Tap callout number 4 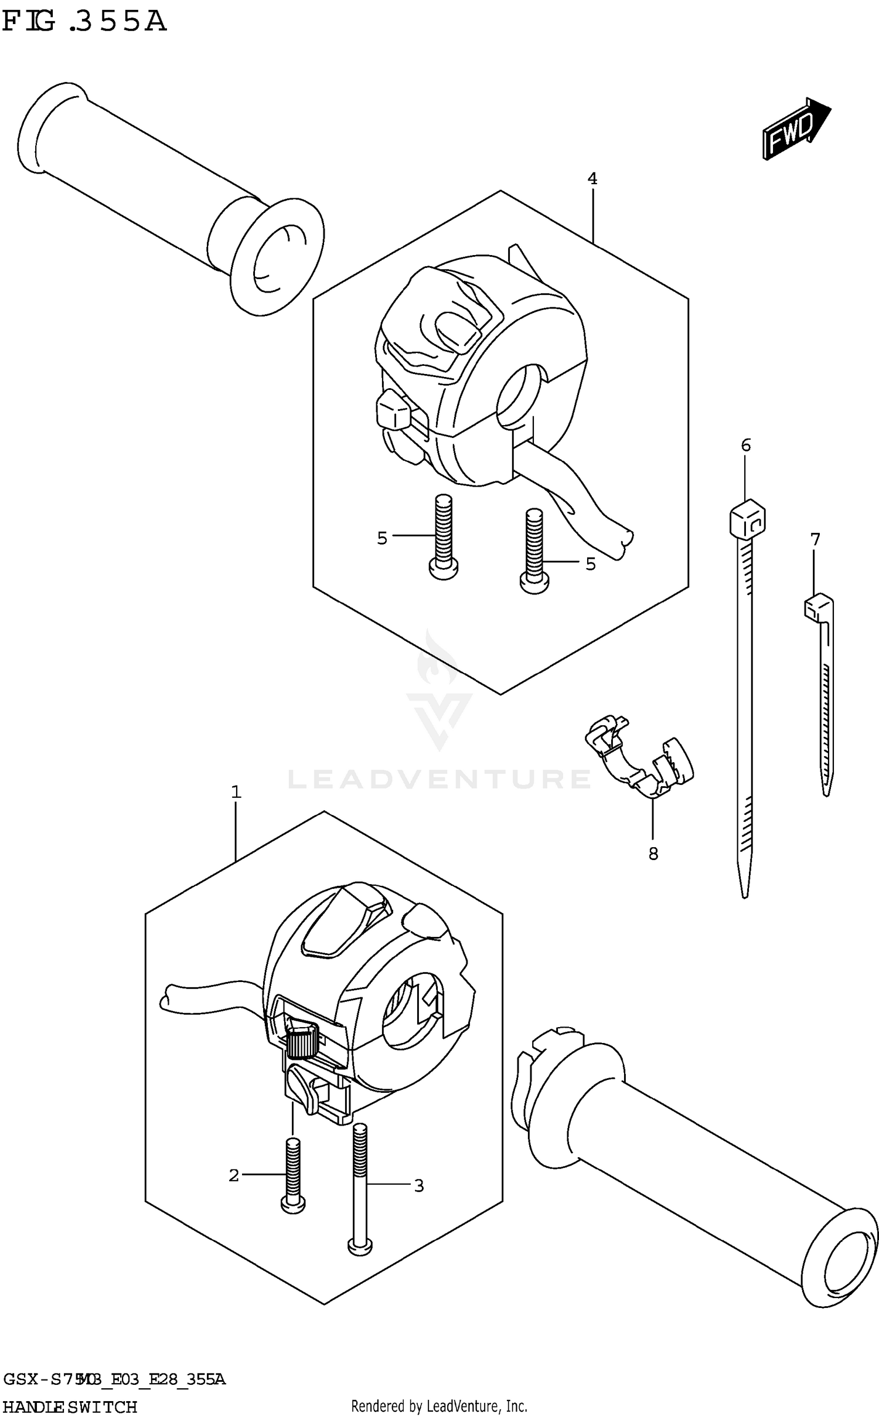[x=592, y=179]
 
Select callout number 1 [x=236, y=793]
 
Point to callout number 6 [x=745, y=446]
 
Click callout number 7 [x=815, y=539]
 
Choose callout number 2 [x=234, y=1175]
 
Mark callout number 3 [x=418, y=1185]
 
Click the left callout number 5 [x=382, y=538]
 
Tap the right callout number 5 [x=590, y=563]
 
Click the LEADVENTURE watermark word [x=439, y=779]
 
